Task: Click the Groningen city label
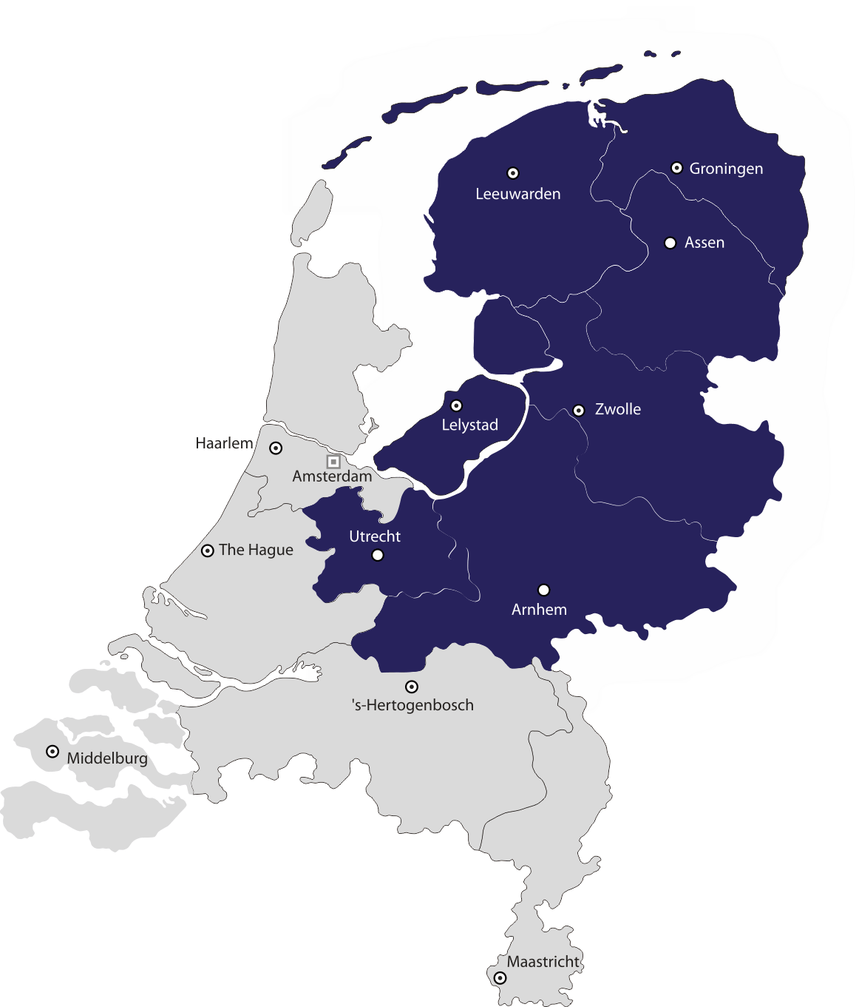tap(726, 169)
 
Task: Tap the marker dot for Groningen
tap(676, 168)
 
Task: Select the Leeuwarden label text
tap(517, 194)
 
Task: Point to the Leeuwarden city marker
tap(512, 173)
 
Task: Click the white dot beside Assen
tap(670, 243)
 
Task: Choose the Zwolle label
tap(617, 409)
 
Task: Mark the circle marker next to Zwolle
tap(579, 410)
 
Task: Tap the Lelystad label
tap(469, 425)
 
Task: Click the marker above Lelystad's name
tap(456, 405)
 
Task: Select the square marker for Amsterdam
tap(333, 462)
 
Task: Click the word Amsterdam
tap(332, 476)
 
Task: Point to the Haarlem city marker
tap(276, 448)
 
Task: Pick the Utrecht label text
tap(375, 536)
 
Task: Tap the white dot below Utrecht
tap(378, 555)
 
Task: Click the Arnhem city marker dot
tap(543, 590)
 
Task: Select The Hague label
tap(256, 550)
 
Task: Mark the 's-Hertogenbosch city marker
tap(412, 687)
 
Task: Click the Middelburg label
tap(107, 758)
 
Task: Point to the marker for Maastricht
tap(500, 977)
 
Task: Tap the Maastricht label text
tap(543, 962)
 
